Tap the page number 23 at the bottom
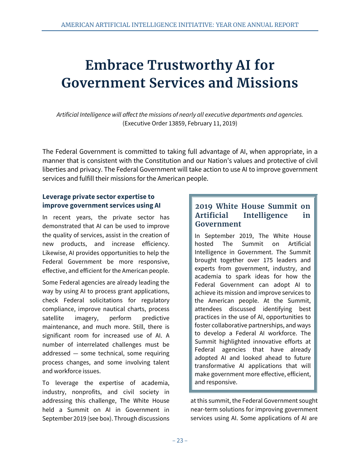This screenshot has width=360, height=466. [x=180, y=440]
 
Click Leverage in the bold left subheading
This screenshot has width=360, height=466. [x=56, y=197]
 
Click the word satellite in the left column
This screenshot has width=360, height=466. [x=53, y=318]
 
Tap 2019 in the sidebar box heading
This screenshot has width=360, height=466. [x=204, y=206]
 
